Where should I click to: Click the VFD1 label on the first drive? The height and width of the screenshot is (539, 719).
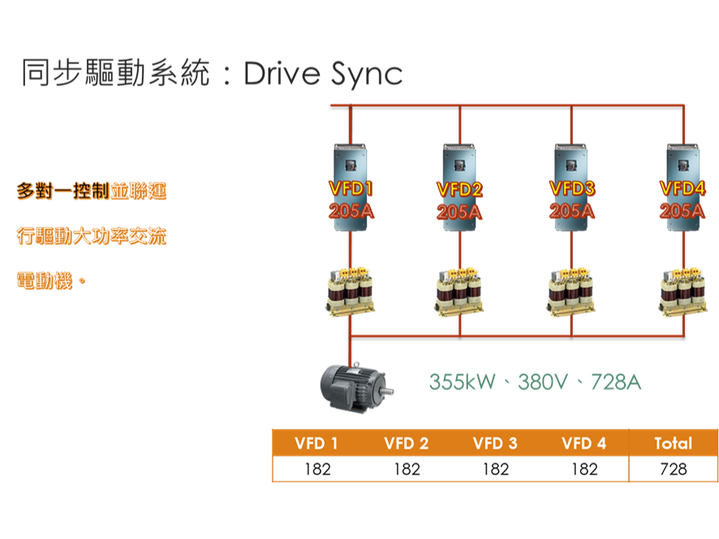point(351,189)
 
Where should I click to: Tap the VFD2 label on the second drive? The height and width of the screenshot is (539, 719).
point(459,190)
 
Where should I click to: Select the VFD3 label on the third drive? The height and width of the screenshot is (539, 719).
point(571,188)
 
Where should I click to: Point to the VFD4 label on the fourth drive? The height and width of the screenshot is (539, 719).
point(682,189)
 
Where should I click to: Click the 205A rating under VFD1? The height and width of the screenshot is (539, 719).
point(351,212)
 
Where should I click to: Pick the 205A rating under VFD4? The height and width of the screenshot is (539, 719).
point(682,211)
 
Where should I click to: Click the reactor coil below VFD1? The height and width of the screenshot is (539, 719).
point(351,289)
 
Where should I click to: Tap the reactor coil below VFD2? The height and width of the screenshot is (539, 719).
point(459,289)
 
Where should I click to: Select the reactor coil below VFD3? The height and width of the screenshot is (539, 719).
point(571,289)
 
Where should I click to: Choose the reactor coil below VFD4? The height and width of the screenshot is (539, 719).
point(682,289)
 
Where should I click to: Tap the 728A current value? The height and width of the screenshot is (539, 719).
point(616,382)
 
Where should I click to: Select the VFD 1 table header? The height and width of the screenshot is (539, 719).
point(316,443)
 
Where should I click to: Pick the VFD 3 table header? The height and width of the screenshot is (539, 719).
point(495,443)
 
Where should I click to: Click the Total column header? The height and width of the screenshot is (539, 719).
point(673,443)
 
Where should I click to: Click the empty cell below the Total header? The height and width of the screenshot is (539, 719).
point(673,468)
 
